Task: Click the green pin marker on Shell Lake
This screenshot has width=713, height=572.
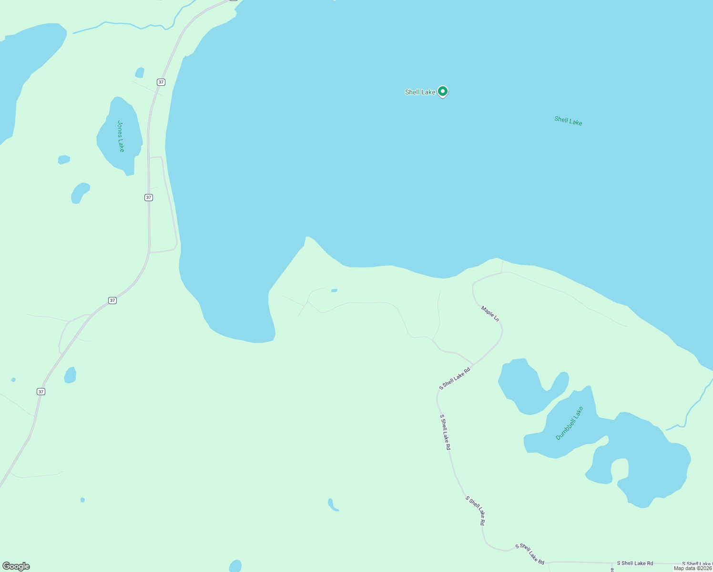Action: [x=442, y=91]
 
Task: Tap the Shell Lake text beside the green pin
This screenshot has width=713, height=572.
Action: [x=420, y=92]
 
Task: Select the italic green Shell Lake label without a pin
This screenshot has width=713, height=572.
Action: [x=568, y=121]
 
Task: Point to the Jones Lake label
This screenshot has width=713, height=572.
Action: [x=121, y=136]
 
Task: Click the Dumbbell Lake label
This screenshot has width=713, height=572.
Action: [x=569, y=423]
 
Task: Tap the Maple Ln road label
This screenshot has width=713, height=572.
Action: [x=490, y=314]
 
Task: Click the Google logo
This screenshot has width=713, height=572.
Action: [x=16, y=566]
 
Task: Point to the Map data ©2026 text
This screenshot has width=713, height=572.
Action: [x=693, y=568]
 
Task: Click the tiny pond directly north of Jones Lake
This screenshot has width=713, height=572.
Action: [x=140, y=72]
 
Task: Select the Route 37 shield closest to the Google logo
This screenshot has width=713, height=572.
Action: [x=41, y=391]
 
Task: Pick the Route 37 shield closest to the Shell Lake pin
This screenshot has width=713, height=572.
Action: [x=161, y=82]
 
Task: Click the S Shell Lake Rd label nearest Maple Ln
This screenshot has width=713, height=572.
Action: [x=455, y=378]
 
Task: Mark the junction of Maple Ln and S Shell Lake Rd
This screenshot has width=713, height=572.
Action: [x=473, y=365]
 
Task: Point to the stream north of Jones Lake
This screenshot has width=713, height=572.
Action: [x=119, y=24]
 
